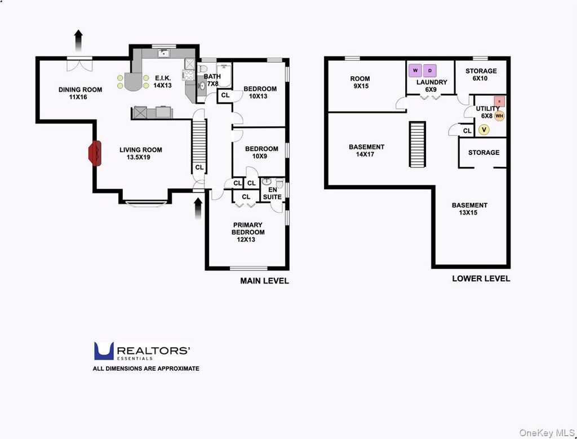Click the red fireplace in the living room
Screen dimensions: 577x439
tap(94, 153)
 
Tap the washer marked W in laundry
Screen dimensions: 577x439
tap(415, 70)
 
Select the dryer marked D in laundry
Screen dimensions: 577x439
tap(429, 70)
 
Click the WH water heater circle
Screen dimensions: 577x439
tap(499, 116)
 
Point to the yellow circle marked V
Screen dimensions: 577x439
tap(484, 130)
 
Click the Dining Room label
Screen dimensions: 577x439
tap(80, 94)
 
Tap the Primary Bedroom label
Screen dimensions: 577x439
tap(248, 232)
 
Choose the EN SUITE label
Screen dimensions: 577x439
tap(272, 193)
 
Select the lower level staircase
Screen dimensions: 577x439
tap(418, 144)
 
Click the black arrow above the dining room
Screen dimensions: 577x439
tap(78, 41)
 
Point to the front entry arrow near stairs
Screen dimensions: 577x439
tap(198, 209)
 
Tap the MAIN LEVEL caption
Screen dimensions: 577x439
tap(264, 281)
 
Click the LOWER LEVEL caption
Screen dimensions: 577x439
tap(481, 278)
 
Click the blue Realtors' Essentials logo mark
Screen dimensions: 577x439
tap(104, 351)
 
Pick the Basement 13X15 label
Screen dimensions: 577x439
tap(469, 209)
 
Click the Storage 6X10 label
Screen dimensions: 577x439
tap(481, 74)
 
